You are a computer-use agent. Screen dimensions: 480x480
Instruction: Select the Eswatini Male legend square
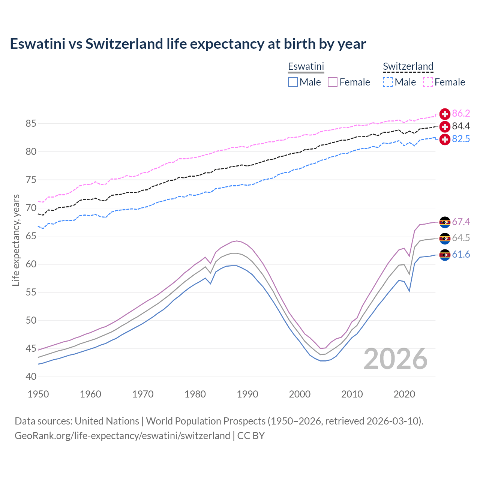pyautogui.click(x=293, y=82)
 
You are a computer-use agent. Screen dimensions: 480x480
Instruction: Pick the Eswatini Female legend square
pyautogui.click(x=333, y=82)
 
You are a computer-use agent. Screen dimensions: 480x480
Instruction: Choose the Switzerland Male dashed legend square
pyautogui.click(x=388, y=82)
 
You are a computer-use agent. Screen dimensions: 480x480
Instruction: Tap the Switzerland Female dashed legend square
pyautogui.click(x=428, y=82)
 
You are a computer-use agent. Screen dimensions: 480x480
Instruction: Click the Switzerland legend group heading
pyautogui.click(x=408, y=66)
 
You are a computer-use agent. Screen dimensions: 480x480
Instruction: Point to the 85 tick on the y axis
pyautogui.click(x=31, y=123)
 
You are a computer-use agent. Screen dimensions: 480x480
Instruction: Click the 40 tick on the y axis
pyautogui.click(x=31, y=376)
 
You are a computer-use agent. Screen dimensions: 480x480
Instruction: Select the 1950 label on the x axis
pyautogui.click(x=38, y=394)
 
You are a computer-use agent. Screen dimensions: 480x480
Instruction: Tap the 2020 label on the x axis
pyautogui.click(x=404, y=394)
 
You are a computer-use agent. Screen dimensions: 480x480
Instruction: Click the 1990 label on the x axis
pyautogui.click(x=247, y=394)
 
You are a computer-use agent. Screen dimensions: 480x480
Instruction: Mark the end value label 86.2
pyautogui.click(x=461, y=114)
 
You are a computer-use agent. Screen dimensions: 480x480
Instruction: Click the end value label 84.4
pyautogui.click(x=461, y=126)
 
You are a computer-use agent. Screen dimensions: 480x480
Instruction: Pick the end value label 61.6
pyautogui.click(x=461, y=255)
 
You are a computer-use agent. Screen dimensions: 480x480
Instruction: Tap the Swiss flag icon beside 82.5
pyautogui.click(x=445, y=139)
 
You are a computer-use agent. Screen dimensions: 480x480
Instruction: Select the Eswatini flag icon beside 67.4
pyautogui.click(x=445, y=222)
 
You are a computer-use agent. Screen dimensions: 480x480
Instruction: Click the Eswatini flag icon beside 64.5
pyautogui.click(x=445, y=238)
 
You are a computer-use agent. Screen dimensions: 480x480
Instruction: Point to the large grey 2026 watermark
pyautogui.click(x=396, y=359)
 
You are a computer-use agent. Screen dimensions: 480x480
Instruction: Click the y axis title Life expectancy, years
pyautogui.click(x=16, y=240)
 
